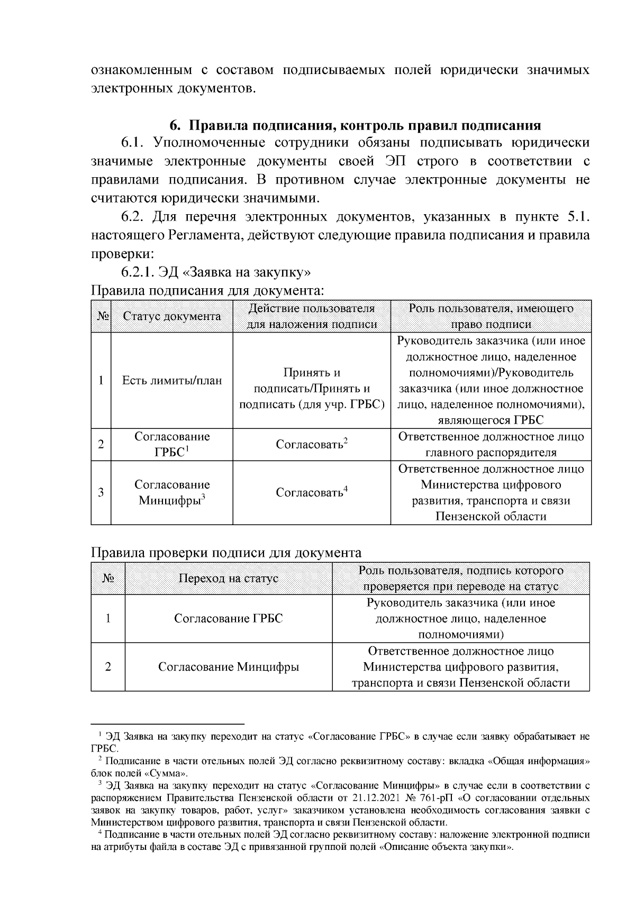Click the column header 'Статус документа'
[171, 316]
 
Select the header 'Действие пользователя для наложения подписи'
[312, 316]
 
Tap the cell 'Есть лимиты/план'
[171, 380]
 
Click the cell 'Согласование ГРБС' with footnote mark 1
[171, 444]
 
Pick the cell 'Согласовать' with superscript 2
[312, 444]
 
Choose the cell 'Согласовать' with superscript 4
[312, 492]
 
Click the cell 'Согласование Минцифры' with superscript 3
[171, 492]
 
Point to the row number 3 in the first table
[101, 492]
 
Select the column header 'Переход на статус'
[228, 578]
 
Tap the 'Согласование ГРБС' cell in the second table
[228, 618]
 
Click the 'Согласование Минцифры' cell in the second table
[228, 667]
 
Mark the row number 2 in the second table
[108, 667]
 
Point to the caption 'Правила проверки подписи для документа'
[226, 553]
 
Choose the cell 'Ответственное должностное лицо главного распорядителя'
[491, 444]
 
